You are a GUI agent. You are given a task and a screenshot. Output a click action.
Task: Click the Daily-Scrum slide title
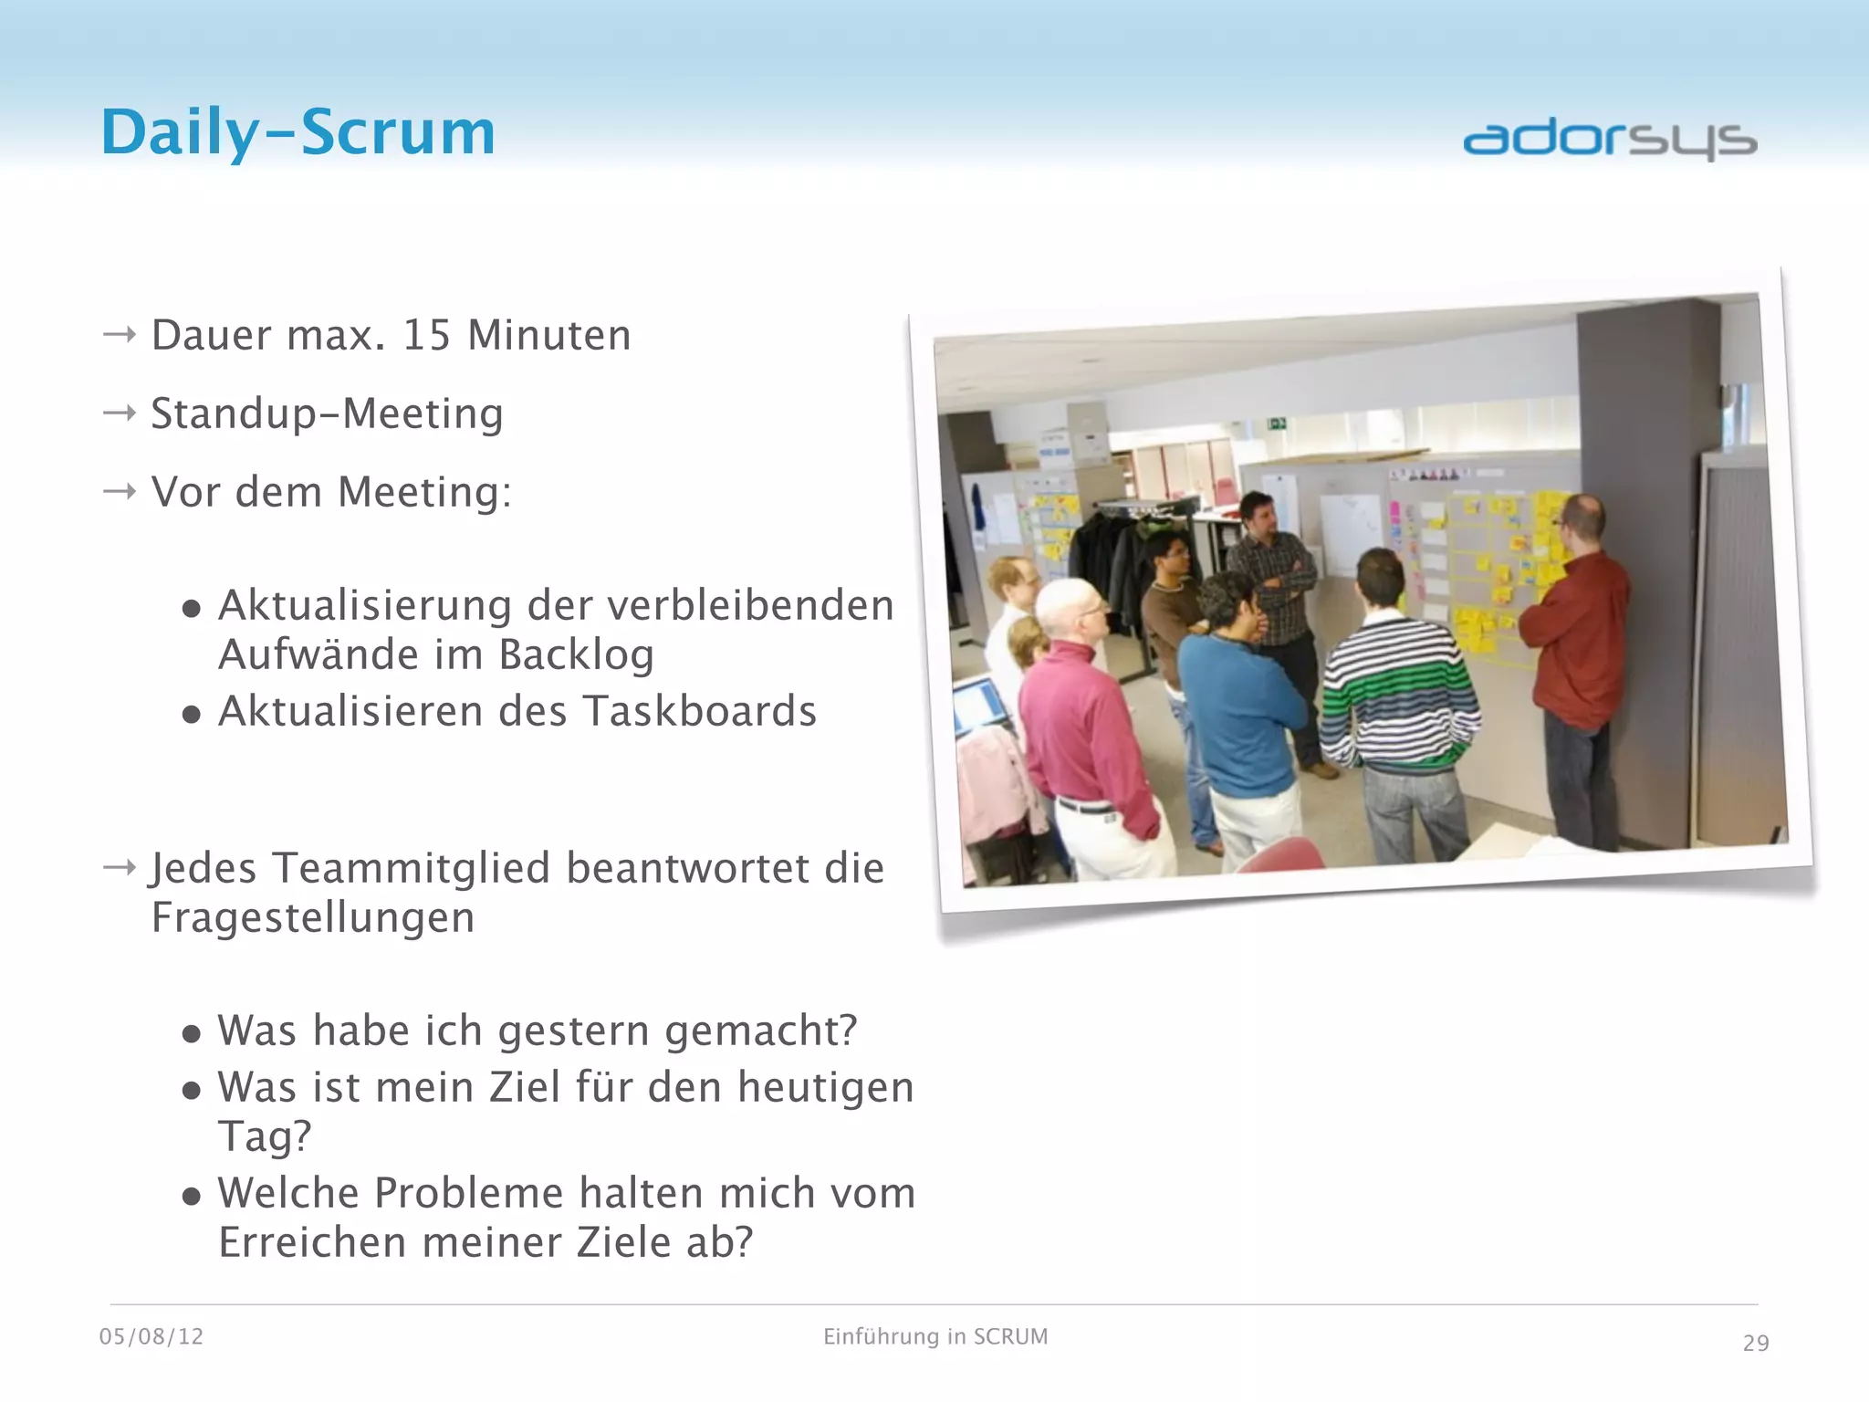click(x=298, y=133)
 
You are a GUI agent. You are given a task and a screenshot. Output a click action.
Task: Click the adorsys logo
click(x=1610, y=140)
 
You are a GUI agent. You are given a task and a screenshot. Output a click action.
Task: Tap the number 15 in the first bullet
click(x=426, y=335)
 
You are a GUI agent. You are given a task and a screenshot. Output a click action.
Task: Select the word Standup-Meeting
click(x=327, y=413)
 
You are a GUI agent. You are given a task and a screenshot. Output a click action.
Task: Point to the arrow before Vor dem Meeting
click(x=120, y=492)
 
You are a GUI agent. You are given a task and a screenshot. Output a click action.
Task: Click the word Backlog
click(x=576, y=655)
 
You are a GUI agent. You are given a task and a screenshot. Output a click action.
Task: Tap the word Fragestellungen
click(x=313, y=918)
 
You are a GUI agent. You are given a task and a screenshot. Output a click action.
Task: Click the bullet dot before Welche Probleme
click(x=191, y=1197)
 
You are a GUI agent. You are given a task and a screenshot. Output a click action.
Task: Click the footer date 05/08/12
click(x=151, y=1337)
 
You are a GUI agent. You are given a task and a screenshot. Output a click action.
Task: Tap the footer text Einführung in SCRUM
click(x=935, y=1337)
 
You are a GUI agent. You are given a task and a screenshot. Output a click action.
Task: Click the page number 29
click(x=1755, y=1344)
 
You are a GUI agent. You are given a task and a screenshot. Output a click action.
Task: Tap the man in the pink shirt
click(x=1086, y=721)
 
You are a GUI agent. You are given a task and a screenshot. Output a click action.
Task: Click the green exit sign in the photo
click(x=1276, y=424)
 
